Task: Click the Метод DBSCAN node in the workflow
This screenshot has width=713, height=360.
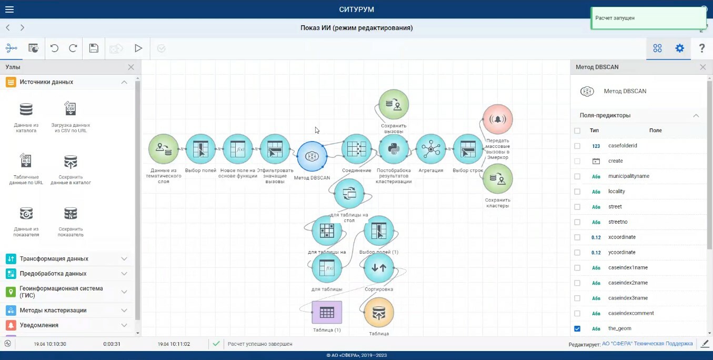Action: tap(312, 156)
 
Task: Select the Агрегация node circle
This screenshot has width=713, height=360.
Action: tap(430, 149)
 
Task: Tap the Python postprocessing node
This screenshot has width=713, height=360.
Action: tap(393, 149)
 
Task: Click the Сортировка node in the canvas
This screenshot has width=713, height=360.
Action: tap(379, 267)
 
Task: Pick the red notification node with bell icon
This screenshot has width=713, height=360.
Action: tap(497, 119)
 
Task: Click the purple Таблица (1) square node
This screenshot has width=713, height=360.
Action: tap(327, 312)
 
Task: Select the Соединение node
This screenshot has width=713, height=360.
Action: tap(356, 149)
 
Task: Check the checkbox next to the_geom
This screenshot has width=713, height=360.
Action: tap(577, 328)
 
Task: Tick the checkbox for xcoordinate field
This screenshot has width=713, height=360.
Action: tap(577, 237)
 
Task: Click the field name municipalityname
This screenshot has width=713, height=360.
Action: tap(628, 176)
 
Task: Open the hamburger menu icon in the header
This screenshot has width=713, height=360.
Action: tap(9, 9)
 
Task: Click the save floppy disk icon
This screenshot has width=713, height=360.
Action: tap(94, 48)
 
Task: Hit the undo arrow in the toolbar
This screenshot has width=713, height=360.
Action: tap(54, 48)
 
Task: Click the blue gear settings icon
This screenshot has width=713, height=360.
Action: tap(679, 48)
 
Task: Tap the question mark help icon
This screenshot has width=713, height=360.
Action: tap(701, 48)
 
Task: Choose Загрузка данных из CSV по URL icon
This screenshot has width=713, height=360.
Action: tap(71, 109)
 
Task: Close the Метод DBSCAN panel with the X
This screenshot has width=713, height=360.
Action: tap(702, 67)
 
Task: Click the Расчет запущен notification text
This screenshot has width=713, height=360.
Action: tap(615, 18)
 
